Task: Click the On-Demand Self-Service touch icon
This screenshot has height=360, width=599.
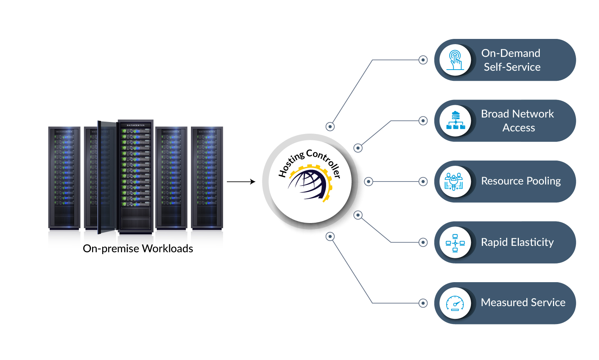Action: pyautogui.click(x=455, y=60)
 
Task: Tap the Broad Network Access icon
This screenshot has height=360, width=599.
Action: pyautogui.click(x=455, y=120)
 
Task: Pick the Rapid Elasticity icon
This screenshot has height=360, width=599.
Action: pyautogui.click(x=455, y=242)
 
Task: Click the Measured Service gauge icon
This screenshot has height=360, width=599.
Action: pyautogui.click(x=455, y=303)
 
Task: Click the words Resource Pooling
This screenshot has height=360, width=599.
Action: pyautogui.click(x=521, y=181)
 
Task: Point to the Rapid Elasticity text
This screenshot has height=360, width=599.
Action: pyautogui.click(x=517, y=242)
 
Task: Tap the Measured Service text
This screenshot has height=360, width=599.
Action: pyautogui.click(x=523, y=302)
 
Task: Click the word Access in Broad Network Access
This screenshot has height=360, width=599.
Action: pyautogui.click(x=519, y=128)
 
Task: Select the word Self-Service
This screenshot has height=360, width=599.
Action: pyautogui.click(x=512, y=67)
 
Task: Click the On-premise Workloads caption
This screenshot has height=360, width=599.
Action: pyautogui.click(x=138, y=248)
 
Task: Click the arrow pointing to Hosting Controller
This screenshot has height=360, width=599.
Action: pyautogui.click(x=241, y=182)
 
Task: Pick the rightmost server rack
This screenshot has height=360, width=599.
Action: pyautogui.click(x=207, y=177)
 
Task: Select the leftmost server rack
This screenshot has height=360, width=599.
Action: pyautogui.click(x=64, y=177)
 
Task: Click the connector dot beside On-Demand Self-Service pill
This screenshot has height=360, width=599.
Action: pyautogui.click(x=423, y=60)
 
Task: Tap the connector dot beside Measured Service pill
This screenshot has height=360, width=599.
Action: pyautogui.click(x=423, y=303)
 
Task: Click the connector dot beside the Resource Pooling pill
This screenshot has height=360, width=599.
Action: pyautogui.click(x=423, y=181)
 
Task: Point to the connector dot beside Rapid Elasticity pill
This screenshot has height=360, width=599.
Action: pyautogui.click(x=423, y=242)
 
